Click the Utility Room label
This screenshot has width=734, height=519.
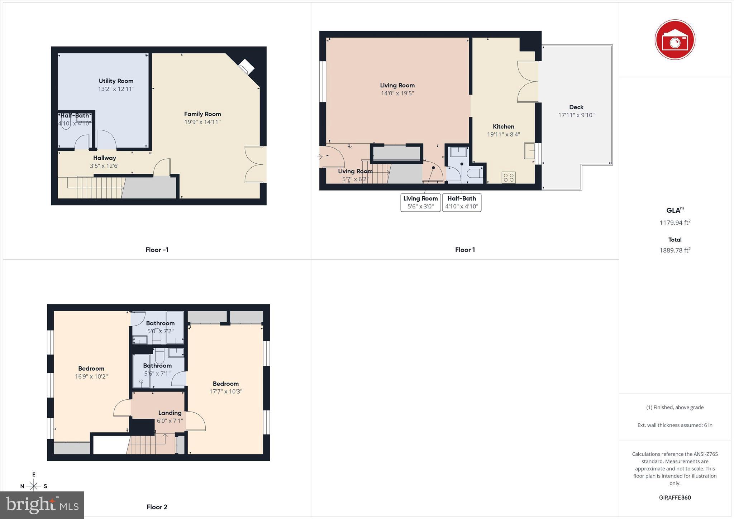(116, 81)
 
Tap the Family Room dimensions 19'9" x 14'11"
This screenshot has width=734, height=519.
(202, 122)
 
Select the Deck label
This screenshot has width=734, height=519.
(576, 107)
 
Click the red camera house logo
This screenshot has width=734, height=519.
(675, 39)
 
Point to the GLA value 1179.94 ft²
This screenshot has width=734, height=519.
(675, 223)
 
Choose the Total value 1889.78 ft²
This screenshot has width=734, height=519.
(675, 250)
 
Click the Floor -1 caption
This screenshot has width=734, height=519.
(157, 250)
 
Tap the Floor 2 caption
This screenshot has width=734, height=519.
(157, 507)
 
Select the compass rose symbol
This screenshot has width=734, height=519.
(34, 486)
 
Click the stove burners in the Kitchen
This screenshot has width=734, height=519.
(508, 177)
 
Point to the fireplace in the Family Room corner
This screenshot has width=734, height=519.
(246, 67)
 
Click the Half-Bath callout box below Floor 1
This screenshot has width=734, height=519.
(462, 202)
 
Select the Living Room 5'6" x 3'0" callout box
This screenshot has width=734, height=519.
(420, 202)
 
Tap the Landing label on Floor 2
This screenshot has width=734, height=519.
(170, 413)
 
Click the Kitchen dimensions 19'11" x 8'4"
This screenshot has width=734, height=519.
(503, 135)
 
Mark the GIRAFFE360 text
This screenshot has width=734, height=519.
(675, 498)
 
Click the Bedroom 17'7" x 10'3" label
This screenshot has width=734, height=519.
(226, 384)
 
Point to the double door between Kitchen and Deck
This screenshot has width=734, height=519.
(528, 82)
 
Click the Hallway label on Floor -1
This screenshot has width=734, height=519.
(105, 158)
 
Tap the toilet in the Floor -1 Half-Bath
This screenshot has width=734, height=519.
(66, 124)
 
